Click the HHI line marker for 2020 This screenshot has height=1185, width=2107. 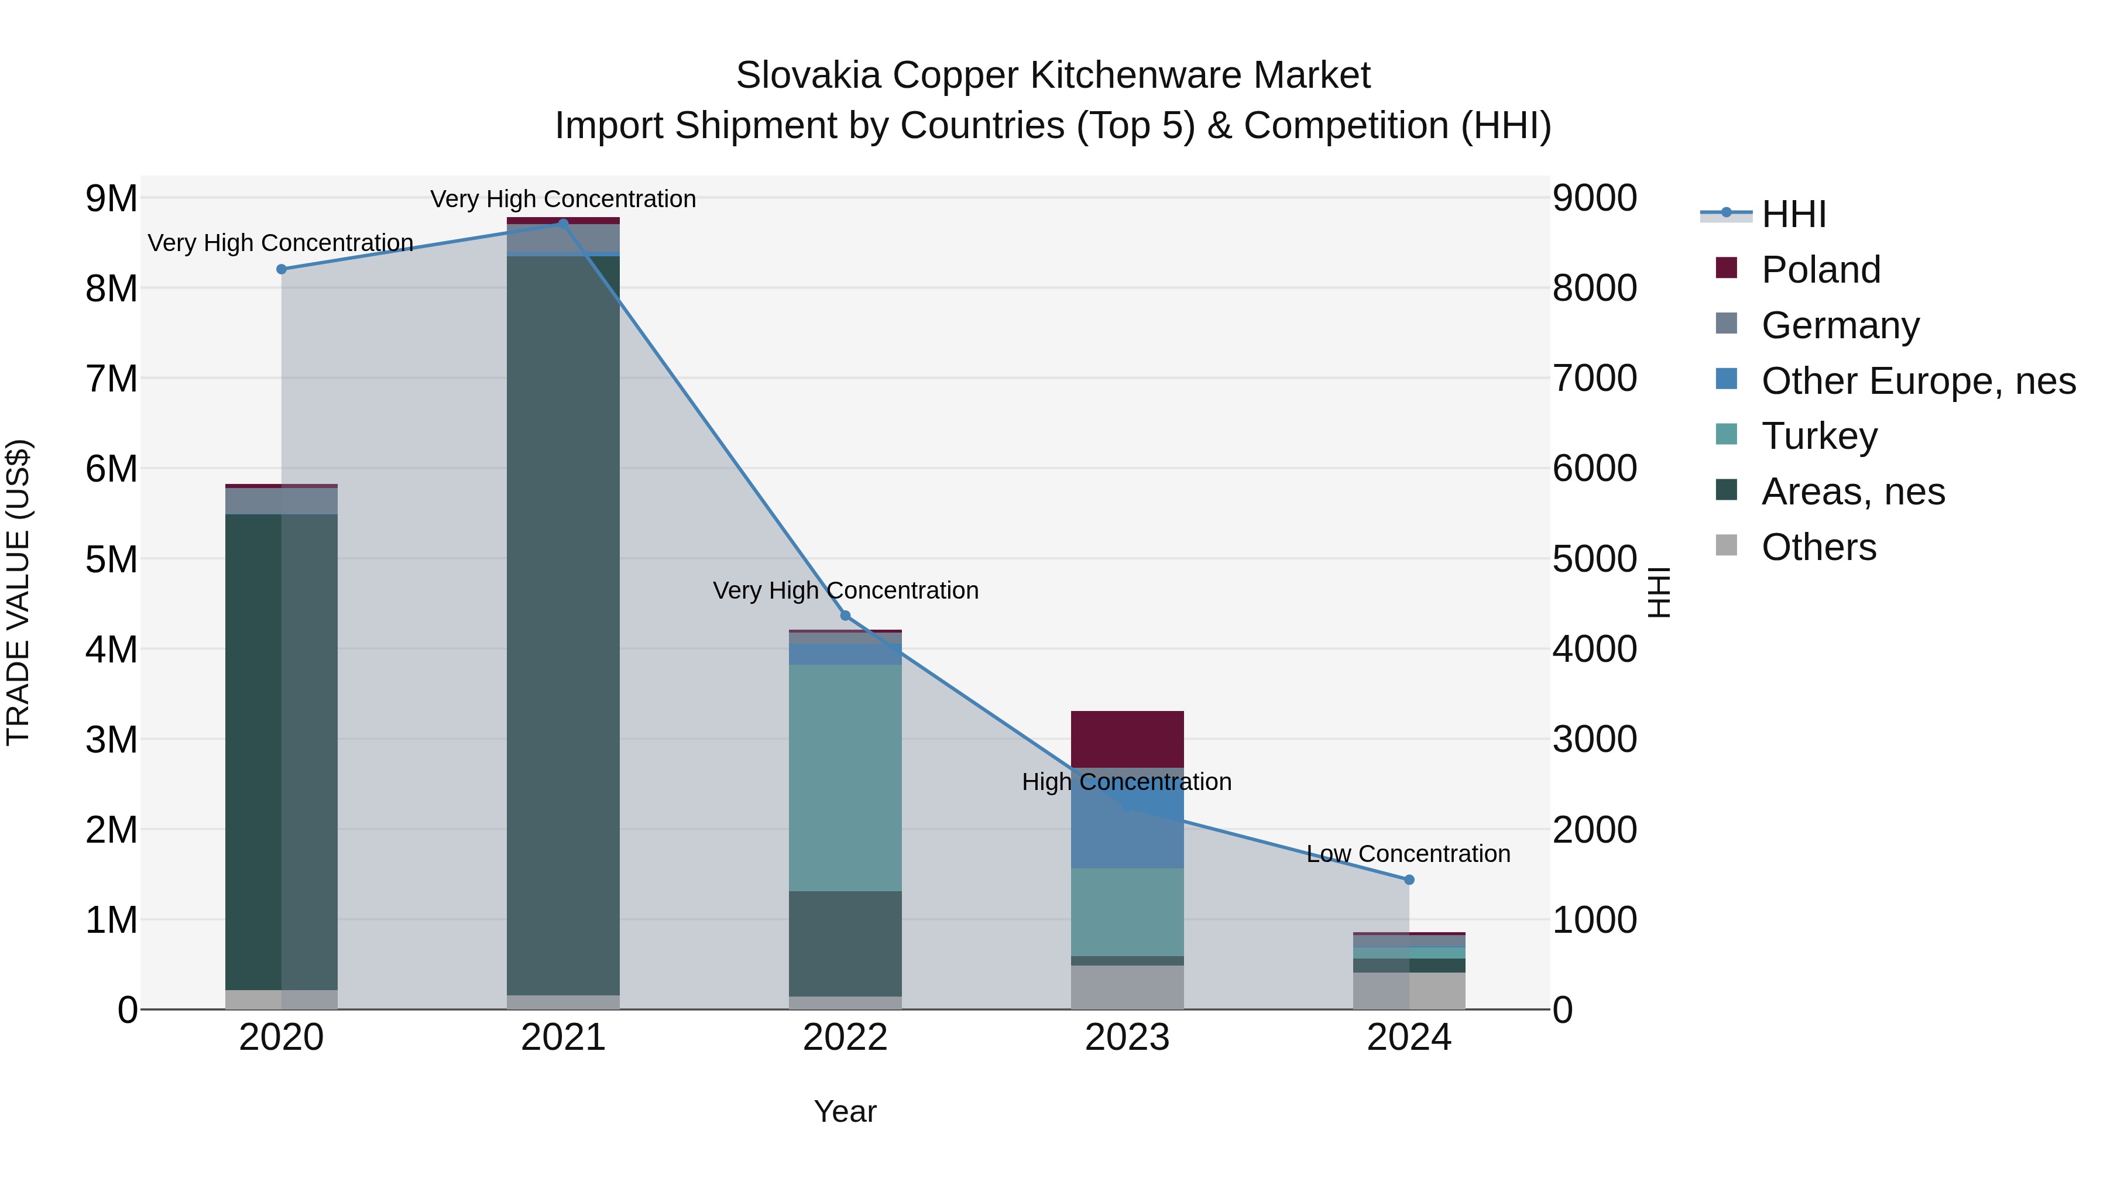(x=282, y=269)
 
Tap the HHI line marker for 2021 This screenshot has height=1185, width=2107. (x=564, y=224)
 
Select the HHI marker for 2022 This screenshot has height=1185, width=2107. (x=845, y=615)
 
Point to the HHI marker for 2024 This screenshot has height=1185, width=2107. (x=1409, y=880)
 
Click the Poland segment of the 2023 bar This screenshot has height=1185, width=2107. (x=1127, y=739)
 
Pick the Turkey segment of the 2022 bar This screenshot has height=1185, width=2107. (x=845, y=777)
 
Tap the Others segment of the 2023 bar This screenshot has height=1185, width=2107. (x=1127, y=987)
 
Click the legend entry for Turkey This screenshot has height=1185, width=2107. (x=1819, y=436)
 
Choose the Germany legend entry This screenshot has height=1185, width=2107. (x=1840, y=325)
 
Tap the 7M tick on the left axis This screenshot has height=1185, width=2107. (x=111, y=379)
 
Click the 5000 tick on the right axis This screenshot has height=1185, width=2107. (x=1594, y=559)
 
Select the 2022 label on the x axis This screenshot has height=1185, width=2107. (x=845, y=1038)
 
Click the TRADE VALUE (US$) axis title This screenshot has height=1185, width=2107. (x=18, y=592)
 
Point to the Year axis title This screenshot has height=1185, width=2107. (x=845, y=1111)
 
